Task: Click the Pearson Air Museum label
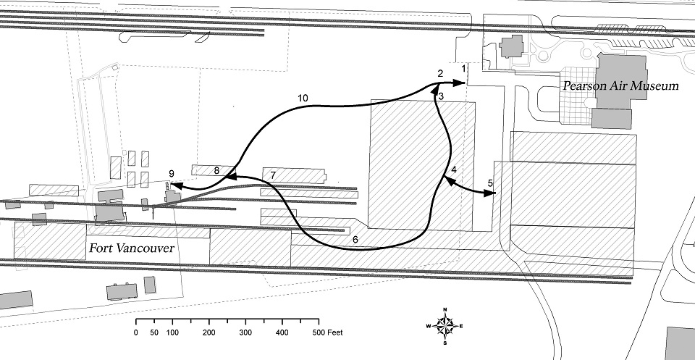point(620,86)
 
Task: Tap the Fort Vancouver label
point(131,248)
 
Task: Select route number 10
point(303,97)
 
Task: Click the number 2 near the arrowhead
point(439,74)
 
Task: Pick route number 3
point(440,96)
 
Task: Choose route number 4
point(453,170)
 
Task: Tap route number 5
point(490,183)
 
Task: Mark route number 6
point(355,238)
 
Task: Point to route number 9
point(171,173)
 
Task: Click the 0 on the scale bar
point(136,333)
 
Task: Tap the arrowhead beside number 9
point(174,187)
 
